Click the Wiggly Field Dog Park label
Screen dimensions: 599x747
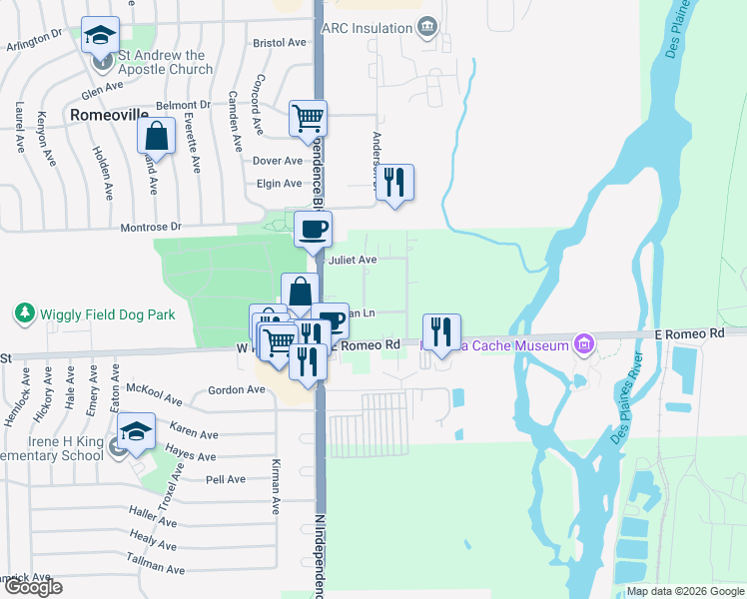tap(107, 314)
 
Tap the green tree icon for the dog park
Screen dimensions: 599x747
tap(24, 313)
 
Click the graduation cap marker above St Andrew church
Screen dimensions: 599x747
tap(99, 37)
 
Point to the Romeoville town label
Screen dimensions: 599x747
tap(109, 115)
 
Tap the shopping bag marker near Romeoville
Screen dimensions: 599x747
tap(157, 136)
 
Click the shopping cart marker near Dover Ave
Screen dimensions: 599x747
tap(309, 119)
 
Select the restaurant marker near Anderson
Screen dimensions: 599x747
tap(395, 183)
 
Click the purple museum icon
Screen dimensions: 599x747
tap(584, 345)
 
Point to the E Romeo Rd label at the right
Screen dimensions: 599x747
tap(688, 333)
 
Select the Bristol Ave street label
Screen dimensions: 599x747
tap(280, 44)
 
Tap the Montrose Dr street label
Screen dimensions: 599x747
tap(151, 227)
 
